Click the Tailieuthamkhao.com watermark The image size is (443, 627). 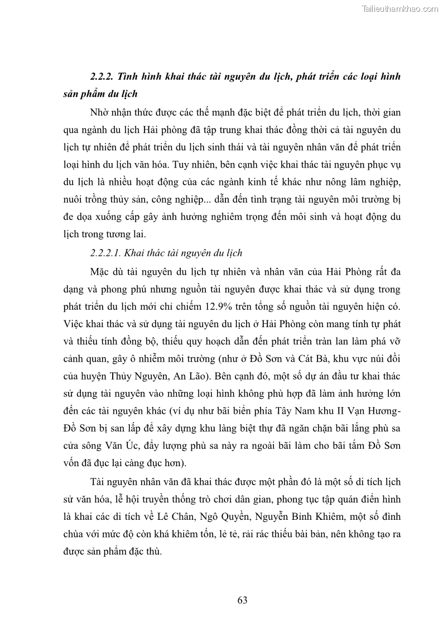(x=400, y=8)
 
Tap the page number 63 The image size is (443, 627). (x=242, y=600)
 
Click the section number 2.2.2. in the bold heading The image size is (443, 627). (x=103, y=75)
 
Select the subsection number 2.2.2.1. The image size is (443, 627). (x=104, y=253)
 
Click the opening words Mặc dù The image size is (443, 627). (x=105, y=272)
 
